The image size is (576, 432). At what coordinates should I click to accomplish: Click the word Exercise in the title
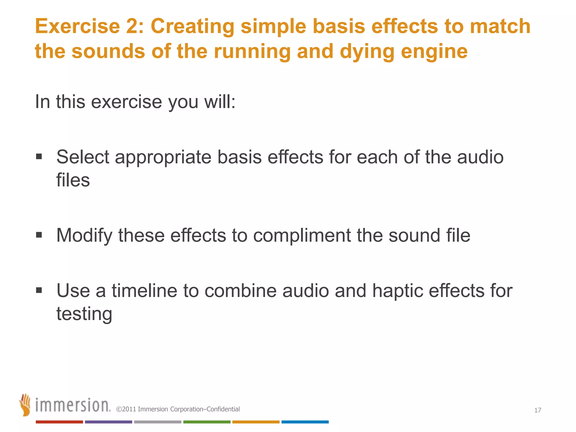point(77,26)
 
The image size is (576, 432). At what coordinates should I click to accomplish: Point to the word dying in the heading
point(367,52)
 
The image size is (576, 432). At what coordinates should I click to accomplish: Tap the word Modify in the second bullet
point(84,235)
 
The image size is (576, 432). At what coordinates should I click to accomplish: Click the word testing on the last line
point(84,314)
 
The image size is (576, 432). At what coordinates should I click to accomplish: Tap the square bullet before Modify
point(39,235)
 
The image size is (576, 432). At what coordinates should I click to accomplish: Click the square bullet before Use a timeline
point(39,290)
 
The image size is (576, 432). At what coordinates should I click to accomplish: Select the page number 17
point(537,410)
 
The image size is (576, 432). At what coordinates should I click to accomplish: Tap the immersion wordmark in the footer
point(73,405)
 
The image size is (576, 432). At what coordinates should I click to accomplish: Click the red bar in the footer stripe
point(59,422)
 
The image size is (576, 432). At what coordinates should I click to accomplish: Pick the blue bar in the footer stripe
point(305,422)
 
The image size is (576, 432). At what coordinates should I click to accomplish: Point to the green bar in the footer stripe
point(207,422)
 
